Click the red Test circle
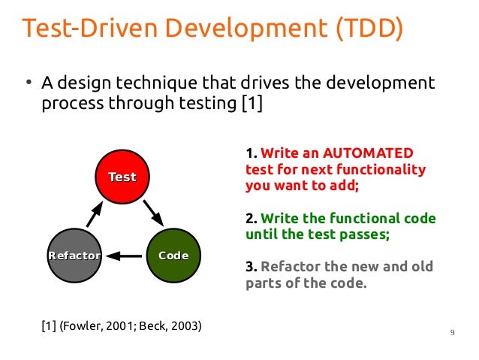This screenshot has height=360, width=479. point(122,177)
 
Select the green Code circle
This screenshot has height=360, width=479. point(173,256)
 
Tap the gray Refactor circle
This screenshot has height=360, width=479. point(74,256)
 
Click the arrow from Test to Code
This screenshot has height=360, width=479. point(153,213)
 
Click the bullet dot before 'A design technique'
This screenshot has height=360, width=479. point(26,83)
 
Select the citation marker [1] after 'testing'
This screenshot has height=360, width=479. point(251,103)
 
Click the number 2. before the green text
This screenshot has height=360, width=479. point(252,219)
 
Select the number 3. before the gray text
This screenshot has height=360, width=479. point(252,268)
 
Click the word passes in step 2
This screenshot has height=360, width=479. point(368,234)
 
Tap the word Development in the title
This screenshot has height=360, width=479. point(224,29)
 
